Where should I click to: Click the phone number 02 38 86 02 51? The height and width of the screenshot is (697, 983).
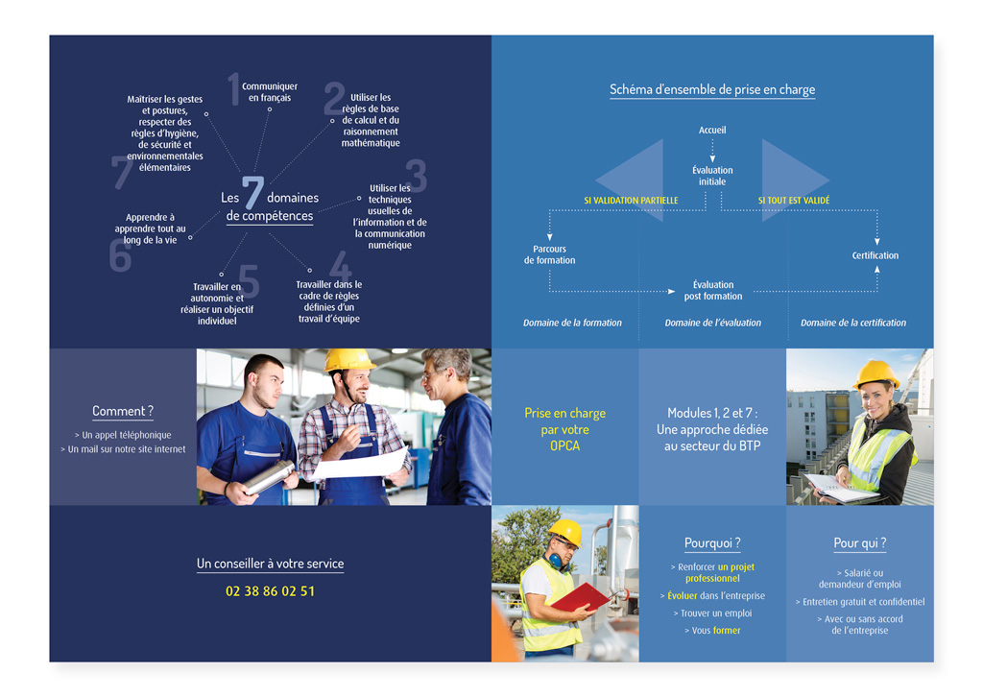click(270, 591)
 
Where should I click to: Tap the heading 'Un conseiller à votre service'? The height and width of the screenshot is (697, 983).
click(270, 564)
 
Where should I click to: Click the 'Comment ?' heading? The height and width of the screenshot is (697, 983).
click(123, 411)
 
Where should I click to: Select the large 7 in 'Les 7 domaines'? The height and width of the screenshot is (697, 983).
click(252, 192)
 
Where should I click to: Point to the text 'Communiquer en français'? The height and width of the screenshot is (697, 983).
click(270, 92)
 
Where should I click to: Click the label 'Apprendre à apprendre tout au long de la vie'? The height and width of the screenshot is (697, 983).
click(151, 228)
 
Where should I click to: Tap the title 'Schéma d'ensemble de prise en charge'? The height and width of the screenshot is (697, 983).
click(712, 89)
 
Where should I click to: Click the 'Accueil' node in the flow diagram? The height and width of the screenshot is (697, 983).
click(712, 131)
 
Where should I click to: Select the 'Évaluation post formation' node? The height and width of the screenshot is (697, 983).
click(713, 290)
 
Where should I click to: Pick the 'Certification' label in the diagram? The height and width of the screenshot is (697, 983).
click(875, 255)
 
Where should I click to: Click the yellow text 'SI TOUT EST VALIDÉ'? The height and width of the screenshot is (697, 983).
click(794, 201)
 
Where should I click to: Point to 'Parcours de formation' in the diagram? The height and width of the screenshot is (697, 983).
click(550, 254)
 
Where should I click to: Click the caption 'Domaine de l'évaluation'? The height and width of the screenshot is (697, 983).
click(713, 323)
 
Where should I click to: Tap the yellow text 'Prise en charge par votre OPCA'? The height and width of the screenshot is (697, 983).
click(564, 429)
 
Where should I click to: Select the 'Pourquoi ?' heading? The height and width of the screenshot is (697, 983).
click(712, 542)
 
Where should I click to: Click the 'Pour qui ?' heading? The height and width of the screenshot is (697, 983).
click(859, 542)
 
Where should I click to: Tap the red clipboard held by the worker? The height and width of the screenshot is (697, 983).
click(579, 597)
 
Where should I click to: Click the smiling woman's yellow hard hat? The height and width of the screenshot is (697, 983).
click(875, 374)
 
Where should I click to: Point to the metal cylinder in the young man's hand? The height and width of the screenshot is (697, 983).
click(269, 477)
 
